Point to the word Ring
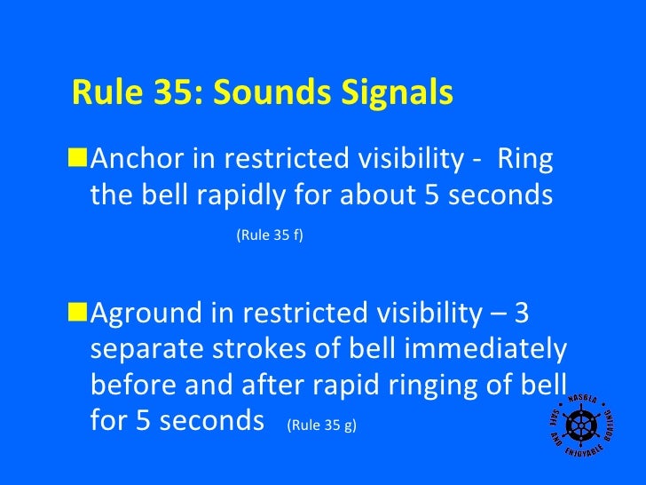[525, 160]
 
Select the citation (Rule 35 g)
[321, 425]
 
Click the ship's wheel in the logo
[583, 425]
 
